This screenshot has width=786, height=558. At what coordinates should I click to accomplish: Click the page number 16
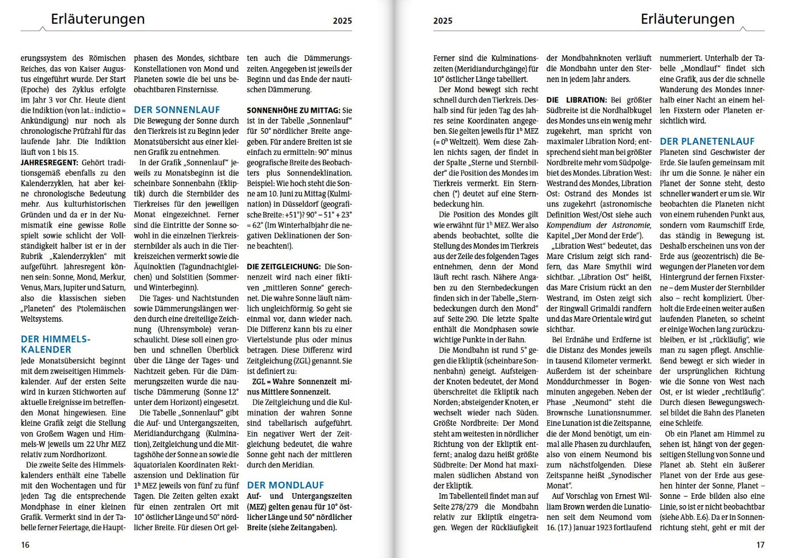(x=25, y=545)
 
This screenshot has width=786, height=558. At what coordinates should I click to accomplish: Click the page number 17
(x=760, y=545)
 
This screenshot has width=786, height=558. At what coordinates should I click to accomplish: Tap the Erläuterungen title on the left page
(x=98, y=19)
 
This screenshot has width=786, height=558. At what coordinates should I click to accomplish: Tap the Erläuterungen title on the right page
(x=687, y=19)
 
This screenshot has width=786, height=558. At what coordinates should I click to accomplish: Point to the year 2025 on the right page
(x=443, y=21)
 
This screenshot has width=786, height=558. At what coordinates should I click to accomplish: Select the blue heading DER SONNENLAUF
(x=177, y=110)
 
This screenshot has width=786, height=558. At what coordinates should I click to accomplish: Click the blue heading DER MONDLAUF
(x=285, y=485)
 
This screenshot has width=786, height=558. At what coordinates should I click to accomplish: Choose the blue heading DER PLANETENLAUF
(x=707, y=141)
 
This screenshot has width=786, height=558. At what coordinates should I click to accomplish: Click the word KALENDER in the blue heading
(x=46, y=350)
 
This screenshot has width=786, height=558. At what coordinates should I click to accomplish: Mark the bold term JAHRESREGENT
(x=49, y=162)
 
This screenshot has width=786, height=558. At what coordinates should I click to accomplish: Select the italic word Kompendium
(x=568, y=225)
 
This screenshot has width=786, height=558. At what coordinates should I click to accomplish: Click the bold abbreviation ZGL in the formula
(x=259, y=381)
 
